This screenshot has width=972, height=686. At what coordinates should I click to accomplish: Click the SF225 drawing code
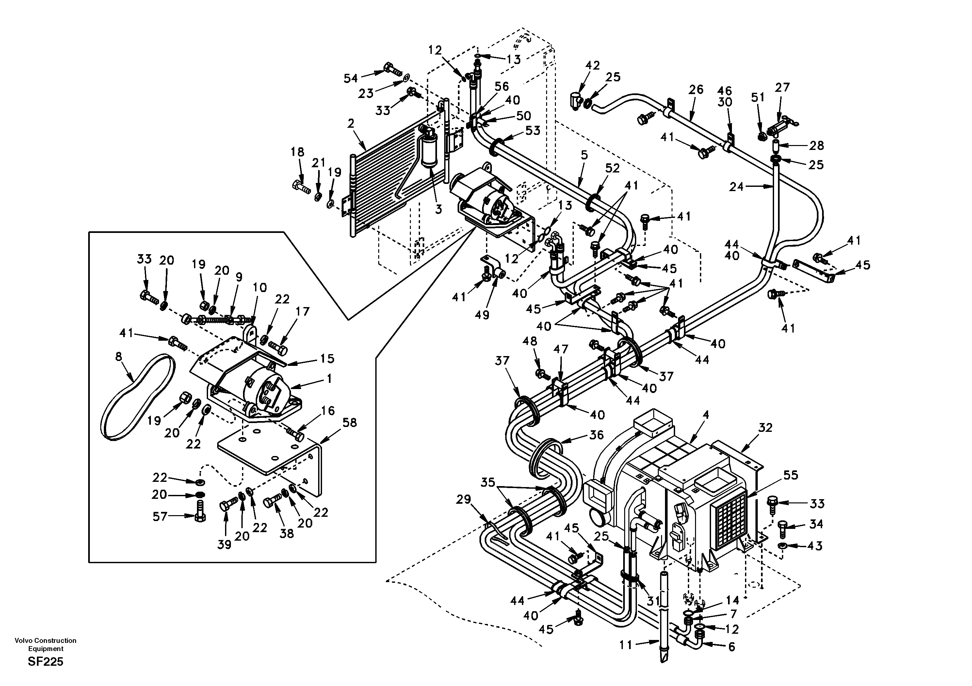coord(45,661)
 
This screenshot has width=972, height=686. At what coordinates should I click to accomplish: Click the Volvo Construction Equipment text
coord(45,645)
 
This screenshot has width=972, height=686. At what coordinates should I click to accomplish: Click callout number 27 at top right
coord(782,88)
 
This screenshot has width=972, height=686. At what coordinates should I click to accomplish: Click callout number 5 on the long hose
coord(584,155)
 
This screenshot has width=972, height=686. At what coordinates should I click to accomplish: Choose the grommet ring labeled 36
coord(546,457)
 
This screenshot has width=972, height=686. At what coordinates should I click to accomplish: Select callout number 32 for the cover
coord(765,428)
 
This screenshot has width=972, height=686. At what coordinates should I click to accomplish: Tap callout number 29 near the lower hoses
coord(463,500)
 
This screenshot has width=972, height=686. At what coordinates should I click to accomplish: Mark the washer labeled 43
coord(782,546)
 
